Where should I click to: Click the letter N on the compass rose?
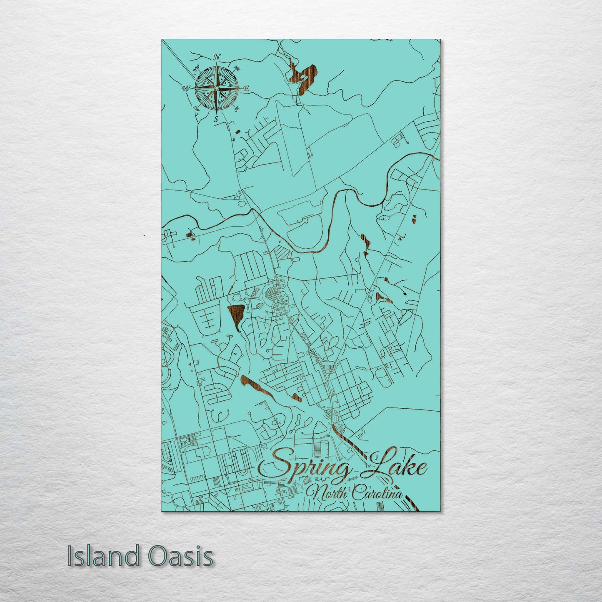[x=217, y=57]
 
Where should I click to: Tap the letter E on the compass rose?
[x=246, y=88]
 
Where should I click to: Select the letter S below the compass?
[x=216, y=119]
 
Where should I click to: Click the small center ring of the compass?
[x=216, y=88]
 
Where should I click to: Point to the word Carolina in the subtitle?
[x=377, y=495]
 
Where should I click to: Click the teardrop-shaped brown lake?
[x=235, y=315]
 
